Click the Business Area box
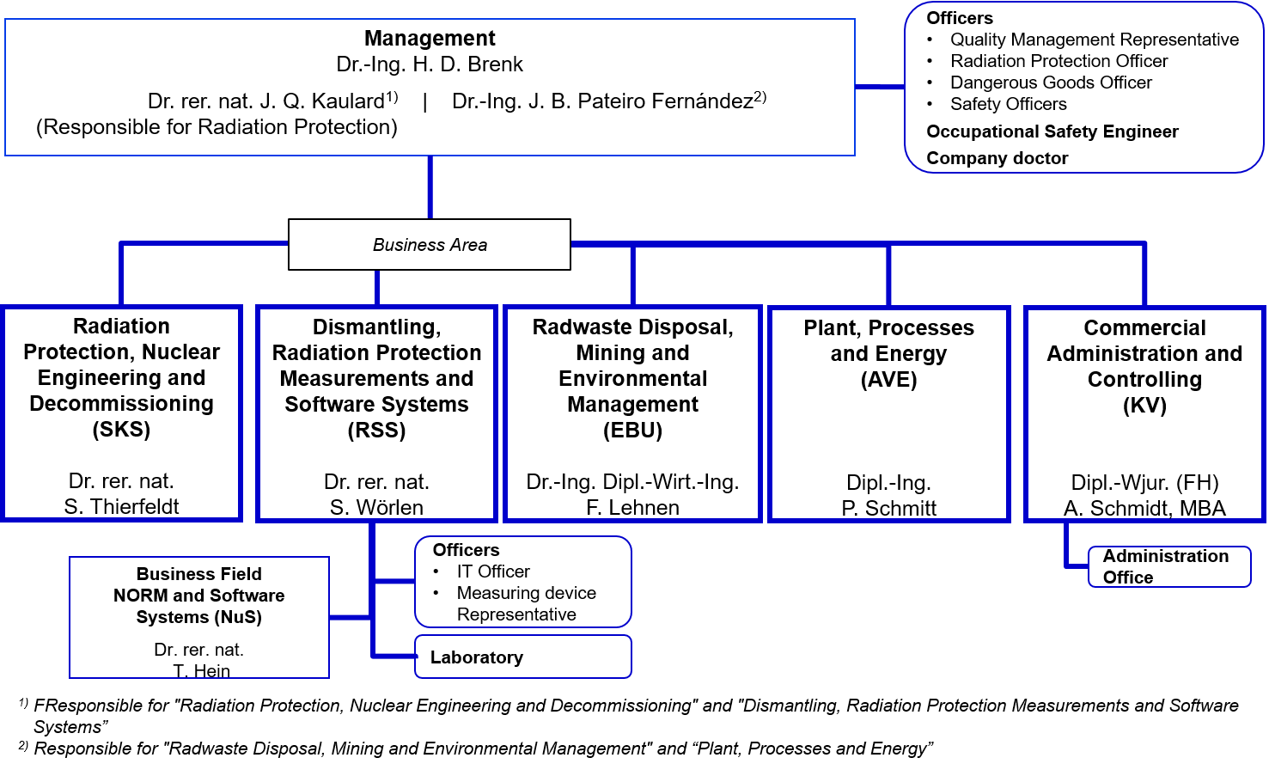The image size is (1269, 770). [430, 244]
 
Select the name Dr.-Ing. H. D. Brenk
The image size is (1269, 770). [430, 64]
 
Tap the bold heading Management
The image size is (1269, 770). [430, 39]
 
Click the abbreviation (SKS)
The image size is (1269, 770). [121, 430]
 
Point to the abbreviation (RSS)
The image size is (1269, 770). [376, 430]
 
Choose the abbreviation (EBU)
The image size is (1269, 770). [633, 430]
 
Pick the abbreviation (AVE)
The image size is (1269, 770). [889, 379]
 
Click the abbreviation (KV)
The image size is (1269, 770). [1145, 405]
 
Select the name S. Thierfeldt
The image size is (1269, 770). [121, 506]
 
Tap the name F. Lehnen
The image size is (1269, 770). [633, 507]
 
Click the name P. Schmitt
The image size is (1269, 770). [889, 508]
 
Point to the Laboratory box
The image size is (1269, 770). [523, 657]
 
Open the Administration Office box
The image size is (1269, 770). [1169, 566]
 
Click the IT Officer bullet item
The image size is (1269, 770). [493, 571]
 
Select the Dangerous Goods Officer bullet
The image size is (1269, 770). [1051, 82]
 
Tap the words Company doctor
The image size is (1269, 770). [997, 158]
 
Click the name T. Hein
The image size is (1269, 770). [201, 671]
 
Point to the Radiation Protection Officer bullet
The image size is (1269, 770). [1059, 61]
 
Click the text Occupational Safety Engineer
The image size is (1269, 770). [1052, 131]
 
